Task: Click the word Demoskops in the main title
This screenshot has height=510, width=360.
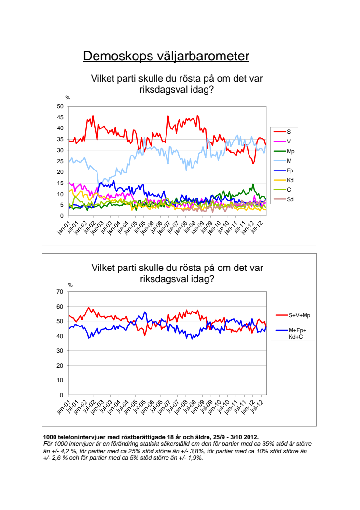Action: coord(118,57)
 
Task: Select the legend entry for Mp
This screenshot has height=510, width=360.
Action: coord(284,151)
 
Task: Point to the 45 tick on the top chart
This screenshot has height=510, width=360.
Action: coord(60,117)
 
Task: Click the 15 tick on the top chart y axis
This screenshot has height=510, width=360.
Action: coord(60,183)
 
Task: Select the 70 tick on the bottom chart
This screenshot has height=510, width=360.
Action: coord(60,292)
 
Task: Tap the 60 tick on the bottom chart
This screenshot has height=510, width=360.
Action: coord(60,306)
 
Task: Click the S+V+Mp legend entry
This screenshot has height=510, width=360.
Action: coord(293,315)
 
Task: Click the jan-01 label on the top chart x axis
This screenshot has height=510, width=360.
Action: coord(64,227)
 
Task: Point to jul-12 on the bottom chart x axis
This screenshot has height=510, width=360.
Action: coord(257,407)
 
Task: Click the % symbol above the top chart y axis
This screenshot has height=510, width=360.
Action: coord(68,98)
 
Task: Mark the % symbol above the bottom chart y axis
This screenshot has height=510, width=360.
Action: coord(70,285)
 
